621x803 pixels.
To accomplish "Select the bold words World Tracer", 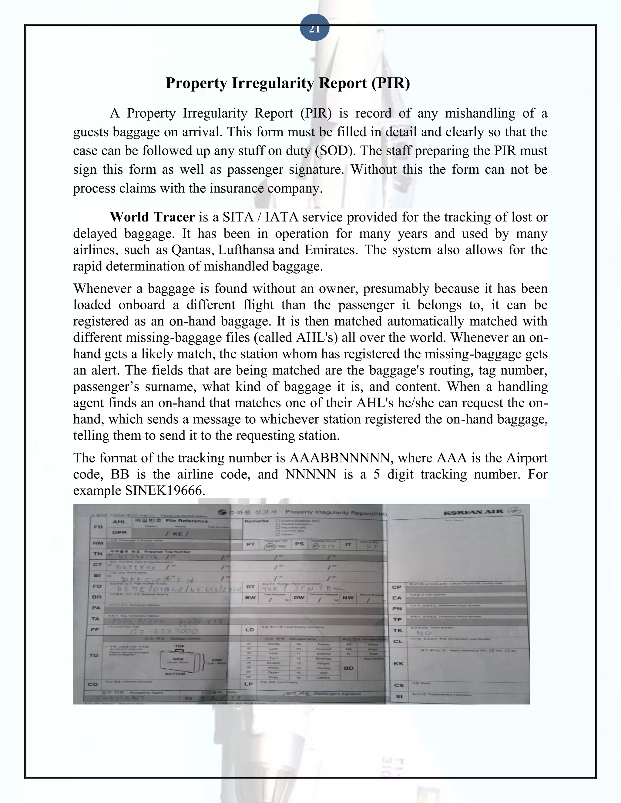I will tap(152, 217).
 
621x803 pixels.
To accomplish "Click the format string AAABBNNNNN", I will tap(340, 458).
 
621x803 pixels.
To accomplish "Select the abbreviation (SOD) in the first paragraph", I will tap(335, 151).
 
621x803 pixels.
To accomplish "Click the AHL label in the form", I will tap(119, 521).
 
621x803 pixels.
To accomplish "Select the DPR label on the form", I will tap(119, 532).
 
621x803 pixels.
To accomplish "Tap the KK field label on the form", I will tap(398, 663).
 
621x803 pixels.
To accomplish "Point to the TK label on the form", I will tap(397, 630).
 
